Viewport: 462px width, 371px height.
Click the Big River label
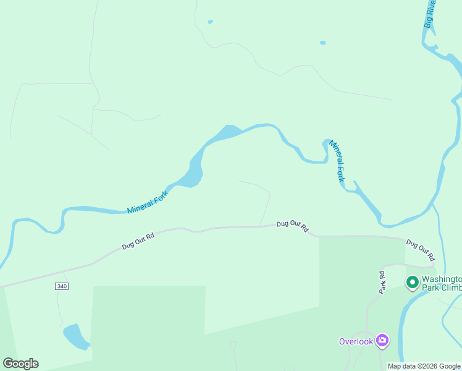pos(430,14)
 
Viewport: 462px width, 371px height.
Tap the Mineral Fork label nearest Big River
pos(337,160)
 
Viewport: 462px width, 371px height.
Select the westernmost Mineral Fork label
pos(148,202)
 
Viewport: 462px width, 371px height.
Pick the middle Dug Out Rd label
pos(292,226)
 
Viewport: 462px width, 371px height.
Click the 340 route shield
pos(61,286)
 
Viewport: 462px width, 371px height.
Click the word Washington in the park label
pos(442,279)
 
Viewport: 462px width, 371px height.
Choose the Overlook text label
pos(356,341)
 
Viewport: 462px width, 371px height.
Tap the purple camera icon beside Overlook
pos(382,340)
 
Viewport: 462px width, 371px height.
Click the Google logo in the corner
pos(20,364)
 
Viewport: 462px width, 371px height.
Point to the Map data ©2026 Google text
pos(424,367)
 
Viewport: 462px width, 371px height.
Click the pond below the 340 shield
pos(75,336)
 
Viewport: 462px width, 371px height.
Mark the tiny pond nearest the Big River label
pos(322,43)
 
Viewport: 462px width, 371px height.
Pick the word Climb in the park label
pos(450,288)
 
